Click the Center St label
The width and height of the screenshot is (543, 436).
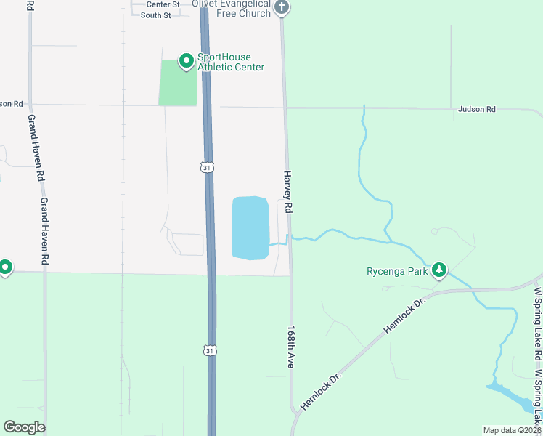158,4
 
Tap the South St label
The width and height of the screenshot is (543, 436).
155,15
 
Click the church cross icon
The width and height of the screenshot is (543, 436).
282,8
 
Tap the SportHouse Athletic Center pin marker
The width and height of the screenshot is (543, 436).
186,60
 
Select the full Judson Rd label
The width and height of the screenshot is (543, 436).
476,110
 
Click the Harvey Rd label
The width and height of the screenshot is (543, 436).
287,192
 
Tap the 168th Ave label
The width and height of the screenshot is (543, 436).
290,346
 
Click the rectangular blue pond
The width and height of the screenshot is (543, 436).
250,227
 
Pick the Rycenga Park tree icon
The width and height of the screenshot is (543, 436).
438,271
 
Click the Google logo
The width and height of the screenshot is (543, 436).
24,427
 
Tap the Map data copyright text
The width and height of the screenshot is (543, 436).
513,430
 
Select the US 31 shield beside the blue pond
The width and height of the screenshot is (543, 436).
208,168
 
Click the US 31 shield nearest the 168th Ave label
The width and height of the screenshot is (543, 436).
210,351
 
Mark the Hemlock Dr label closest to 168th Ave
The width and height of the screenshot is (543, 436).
320,389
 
